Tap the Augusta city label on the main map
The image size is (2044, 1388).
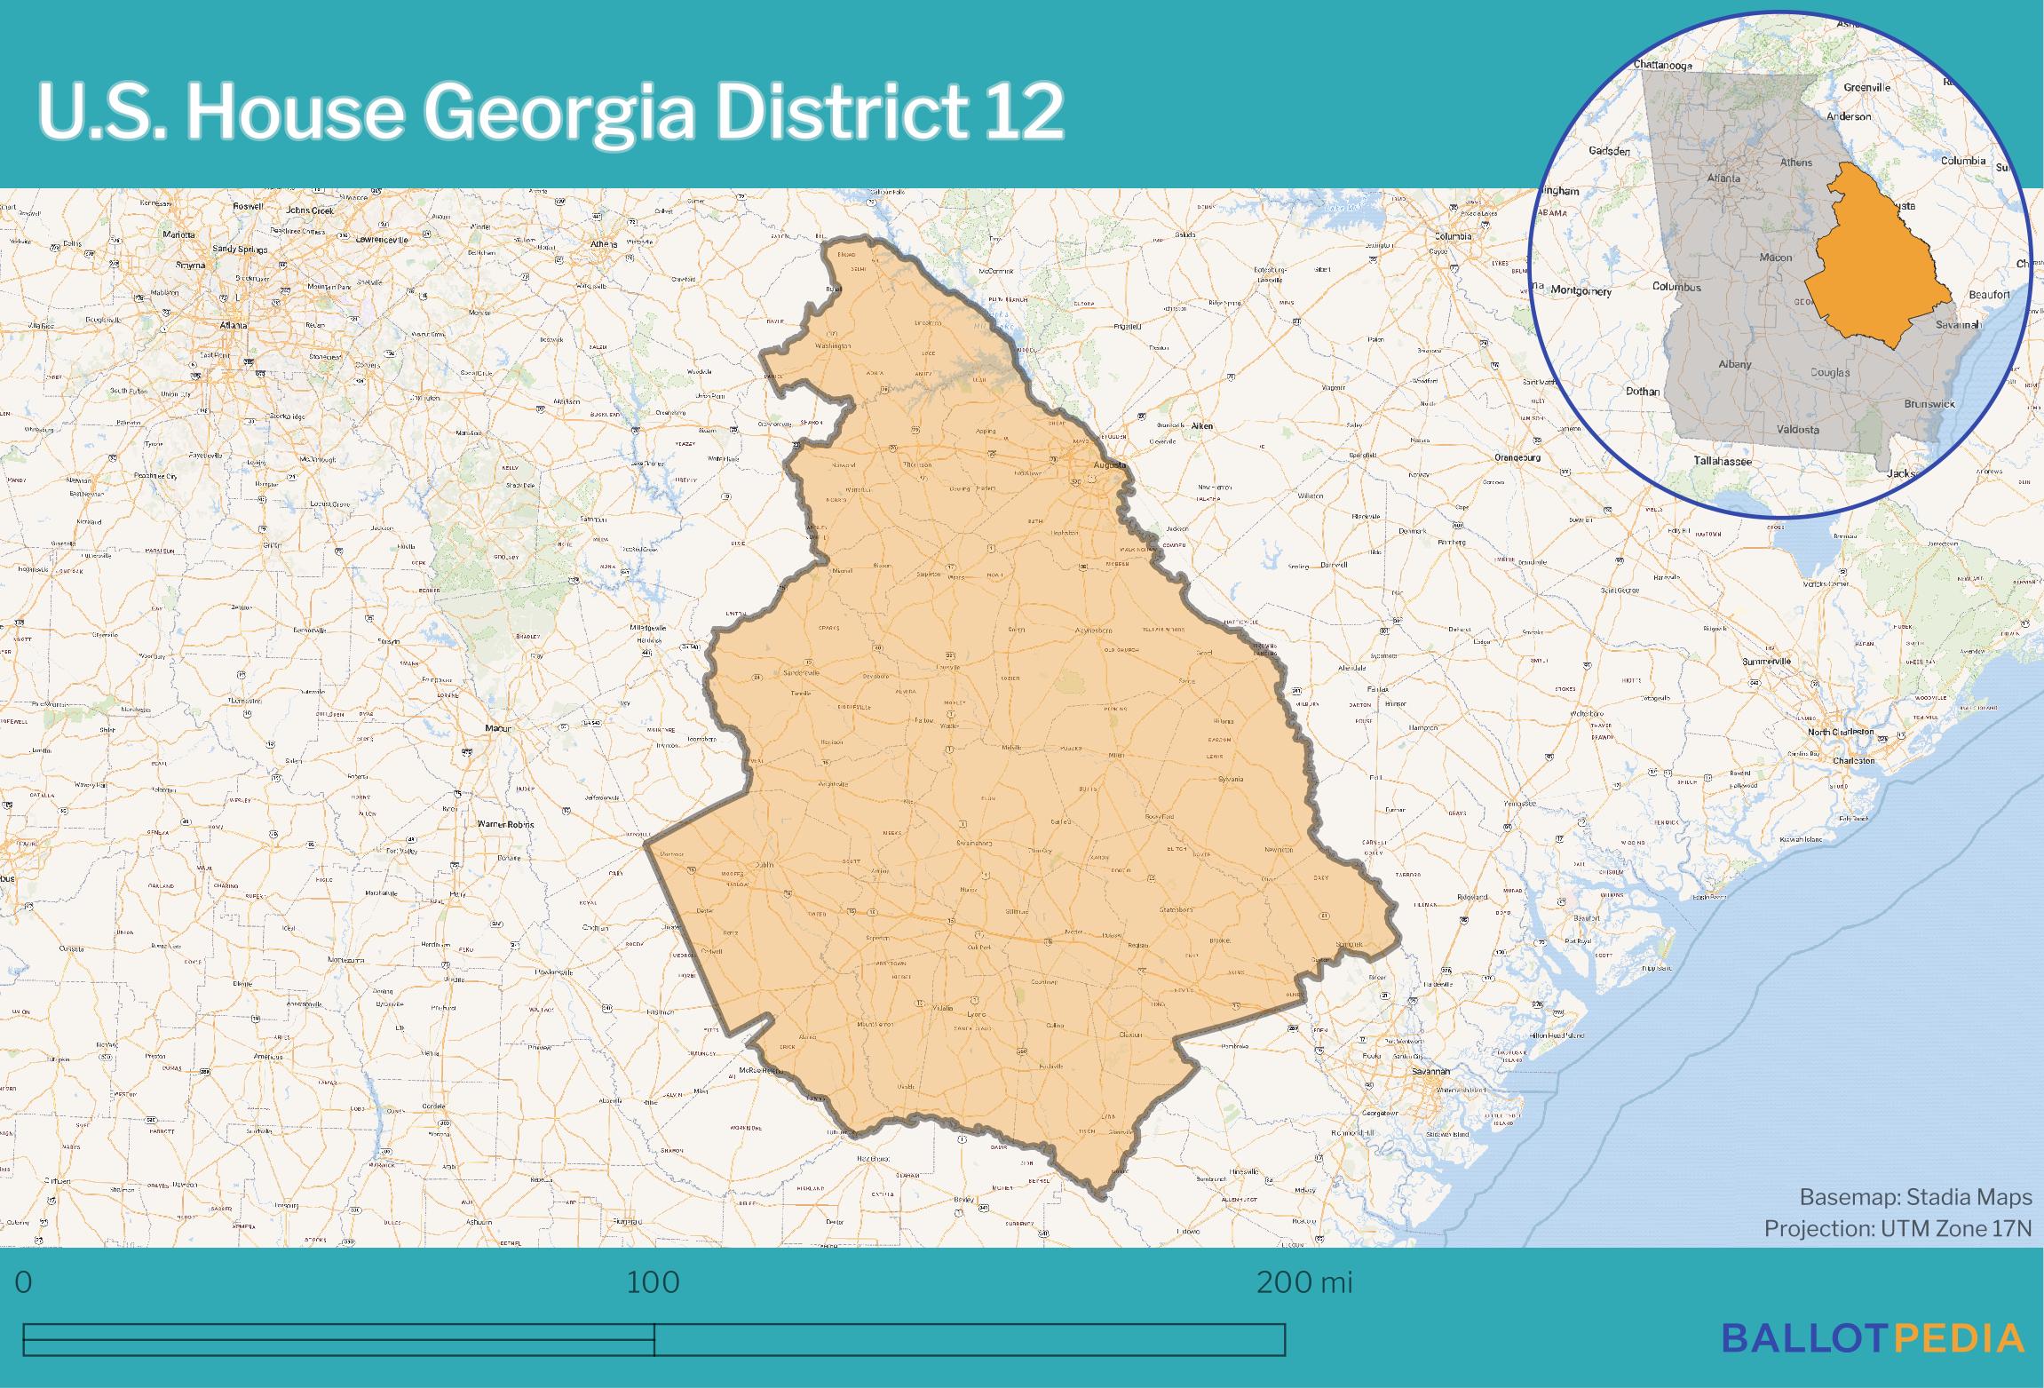[x=1109, y=464]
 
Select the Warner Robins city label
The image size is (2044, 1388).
[x=505, y=824]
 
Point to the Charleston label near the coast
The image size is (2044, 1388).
[x=1854, y=760]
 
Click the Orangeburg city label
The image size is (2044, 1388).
[x=1517, y=457]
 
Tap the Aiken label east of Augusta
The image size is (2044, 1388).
[x=1201, y=425]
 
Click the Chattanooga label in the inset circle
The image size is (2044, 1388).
[x=1663, y=65]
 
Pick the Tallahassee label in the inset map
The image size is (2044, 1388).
[x=1723, y=461]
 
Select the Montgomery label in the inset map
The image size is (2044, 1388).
[x=1581, y=290]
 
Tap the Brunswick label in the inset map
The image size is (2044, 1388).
[x=1929, y=403]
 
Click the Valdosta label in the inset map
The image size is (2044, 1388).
[x=1798, y=430]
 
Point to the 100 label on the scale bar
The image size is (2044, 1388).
[x=653, y=1281]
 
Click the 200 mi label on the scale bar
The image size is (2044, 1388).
[x=1304, y=1281]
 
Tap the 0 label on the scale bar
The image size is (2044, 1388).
[x=24, y=1281]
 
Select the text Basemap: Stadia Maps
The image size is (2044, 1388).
[x=1915, y=1197]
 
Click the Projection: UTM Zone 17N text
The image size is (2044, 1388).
[x=1897, y=1228]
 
